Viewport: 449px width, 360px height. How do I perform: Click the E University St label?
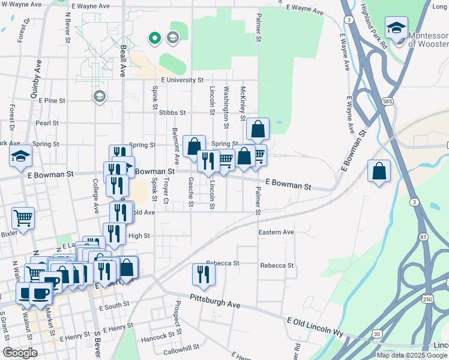(182, 80)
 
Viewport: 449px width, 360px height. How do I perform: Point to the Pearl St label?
(47, 123)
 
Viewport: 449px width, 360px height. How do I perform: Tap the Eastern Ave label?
(276, 232)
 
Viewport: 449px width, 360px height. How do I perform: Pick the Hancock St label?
(157, 338)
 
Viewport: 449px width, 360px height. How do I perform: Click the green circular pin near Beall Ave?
(154, 39)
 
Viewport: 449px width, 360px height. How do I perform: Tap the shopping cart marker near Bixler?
(23, 218)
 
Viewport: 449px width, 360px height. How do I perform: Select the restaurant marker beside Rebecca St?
(203, 274)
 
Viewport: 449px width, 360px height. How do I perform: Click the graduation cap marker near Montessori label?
(396, 28)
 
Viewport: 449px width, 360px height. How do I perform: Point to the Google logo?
(20, 353)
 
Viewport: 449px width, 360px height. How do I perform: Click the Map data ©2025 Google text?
(412, 355)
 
